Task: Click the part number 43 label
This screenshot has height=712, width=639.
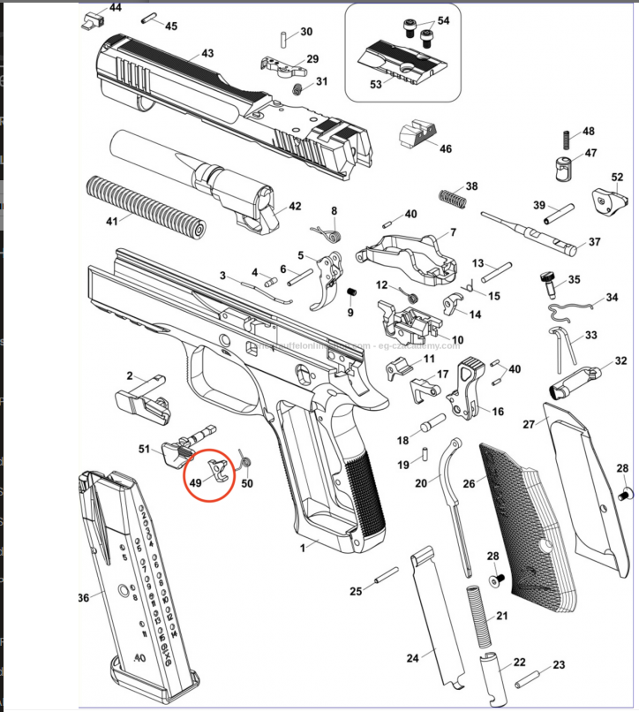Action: [x=207, y=54]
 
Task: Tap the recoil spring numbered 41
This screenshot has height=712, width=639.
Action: [x=145, y=205]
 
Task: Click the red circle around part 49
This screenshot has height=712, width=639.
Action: [x=209, y=472]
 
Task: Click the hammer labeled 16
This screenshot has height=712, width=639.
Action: [x=469, y=389]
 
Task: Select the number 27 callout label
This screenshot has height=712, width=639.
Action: [x=529, y=424]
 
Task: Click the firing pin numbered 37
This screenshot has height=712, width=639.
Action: [x=530, y=230]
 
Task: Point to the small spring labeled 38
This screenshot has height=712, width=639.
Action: [x=452, y=198]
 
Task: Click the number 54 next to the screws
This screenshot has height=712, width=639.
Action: [x=443, y=19]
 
